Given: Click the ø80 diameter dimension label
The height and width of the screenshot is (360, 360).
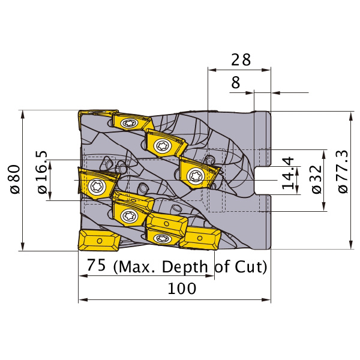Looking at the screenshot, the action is tap(16, 179).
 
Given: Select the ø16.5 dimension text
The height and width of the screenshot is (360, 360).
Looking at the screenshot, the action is tap(42, 172).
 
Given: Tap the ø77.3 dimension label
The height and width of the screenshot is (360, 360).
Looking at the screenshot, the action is tap(343, 172).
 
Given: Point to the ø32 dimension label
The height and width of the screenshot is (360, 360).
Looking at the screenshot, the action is tap(317, 179).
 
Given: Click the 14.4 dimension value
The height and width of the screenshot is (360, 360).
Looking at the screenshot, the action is tap(288, 173).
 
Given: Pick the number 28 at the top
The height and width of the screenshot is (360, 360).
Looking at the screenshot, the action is tap(241, 59).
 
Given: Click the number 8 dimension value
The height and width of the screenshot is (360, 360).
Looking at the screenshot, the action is tap(236, 83).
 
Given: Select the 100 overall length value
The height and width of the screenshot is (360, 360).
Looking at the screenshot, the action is tap(182, 289).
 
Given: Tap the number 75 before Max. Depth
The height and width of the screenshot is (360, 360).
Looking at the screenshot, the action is tap(96, 265).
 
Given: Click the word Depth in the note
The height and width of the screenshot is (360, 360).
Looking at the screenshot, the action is tap(185, 267).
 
